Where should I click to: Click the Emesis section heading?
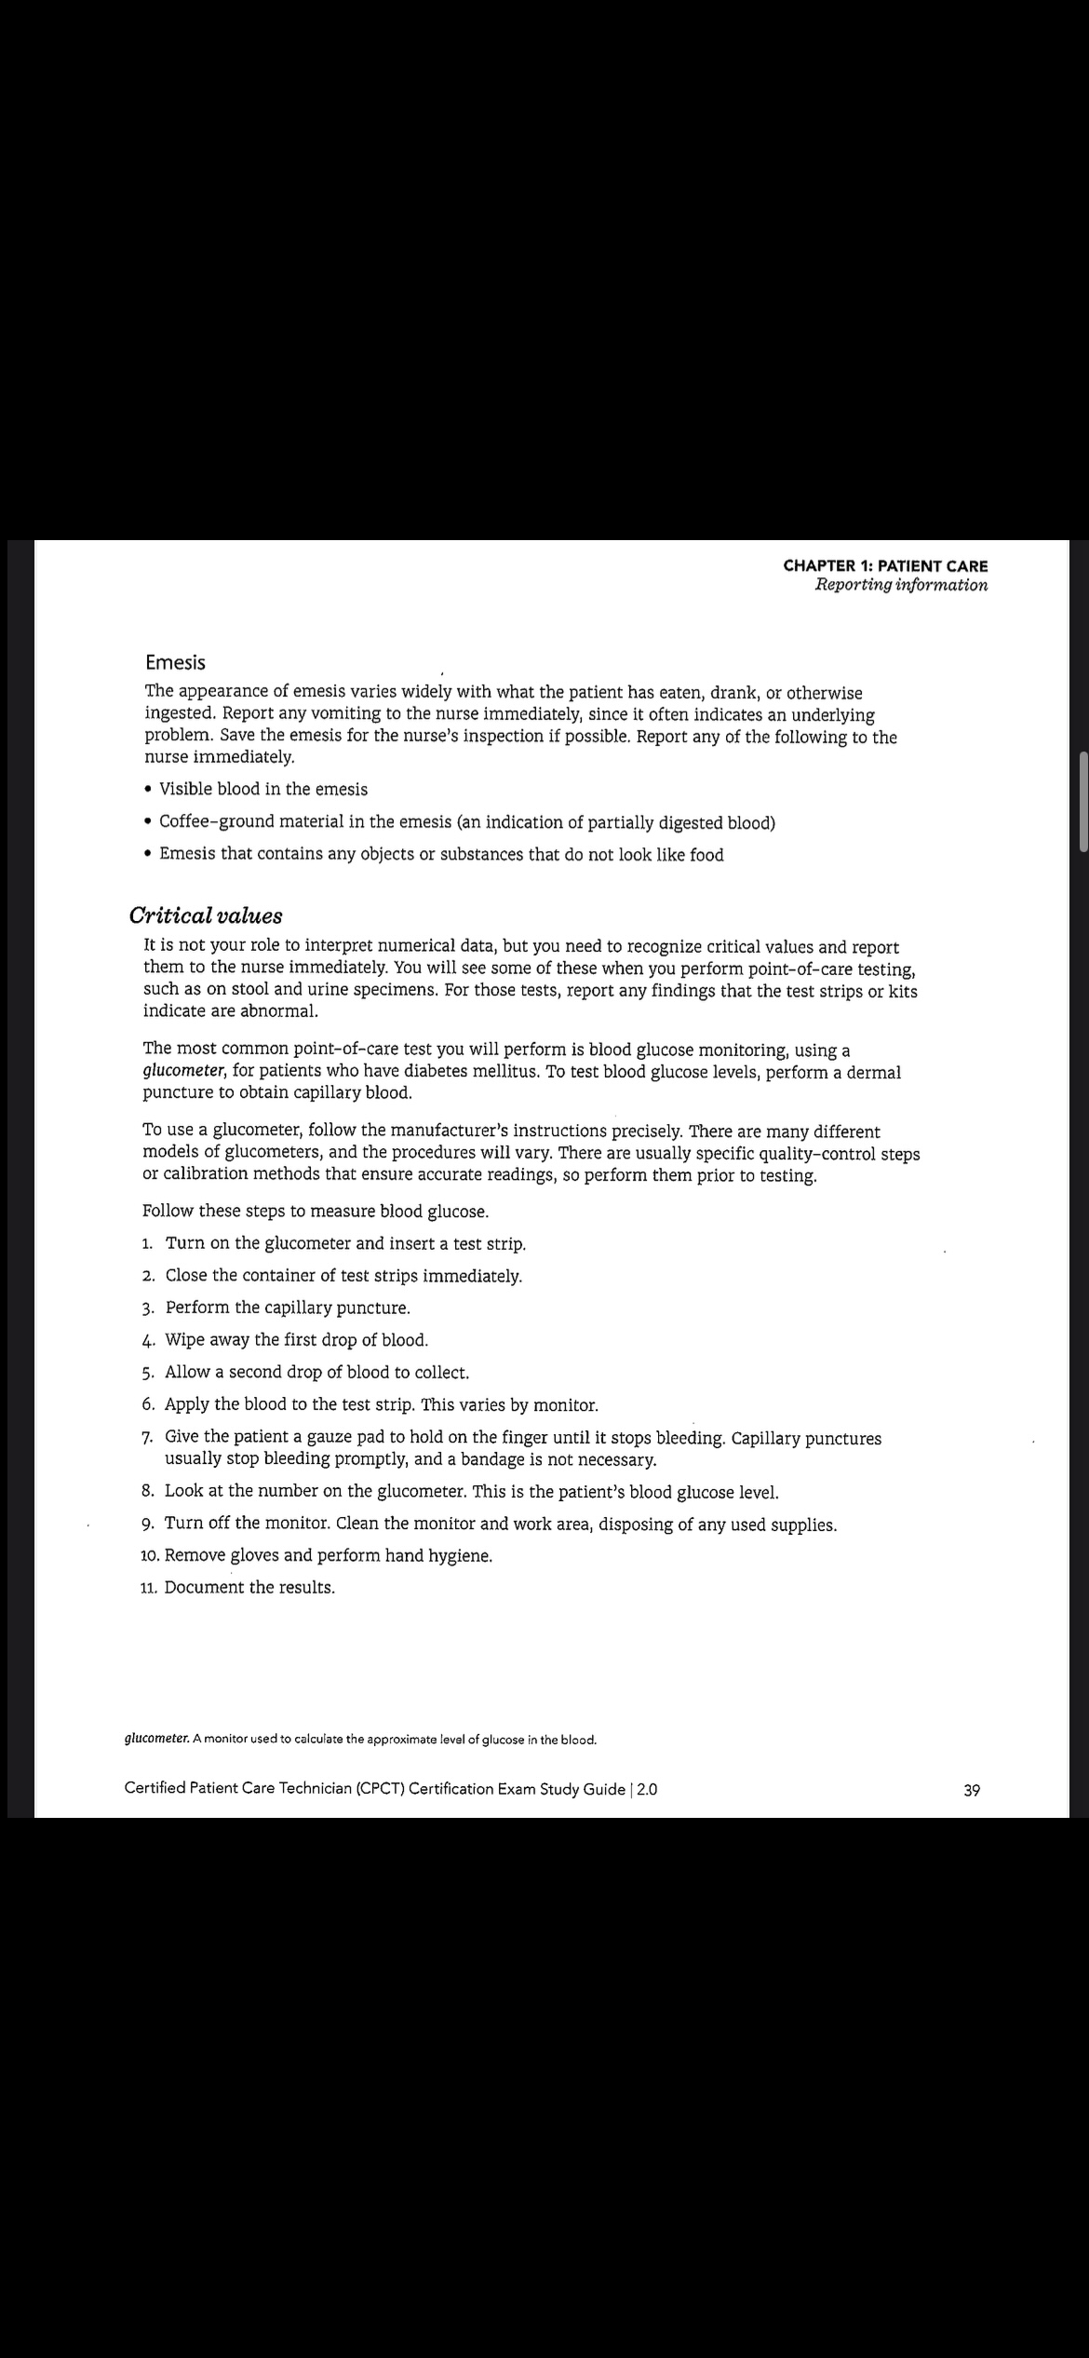175,663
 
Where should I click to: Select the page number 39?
971,1790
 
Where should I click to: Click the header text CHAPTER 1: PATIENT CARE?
885,565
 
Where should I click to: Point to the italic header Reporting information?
900,585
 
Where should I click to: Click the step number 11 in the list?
148,1588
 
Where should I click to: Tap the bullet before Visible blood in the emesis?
150,790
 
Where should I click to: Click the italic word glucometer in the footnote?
156,1739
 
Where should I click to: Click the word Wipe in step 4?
184,1340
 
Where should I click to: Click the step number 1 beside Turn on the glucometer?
148,1244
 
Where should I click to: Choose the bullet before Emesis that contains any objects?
150,855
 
